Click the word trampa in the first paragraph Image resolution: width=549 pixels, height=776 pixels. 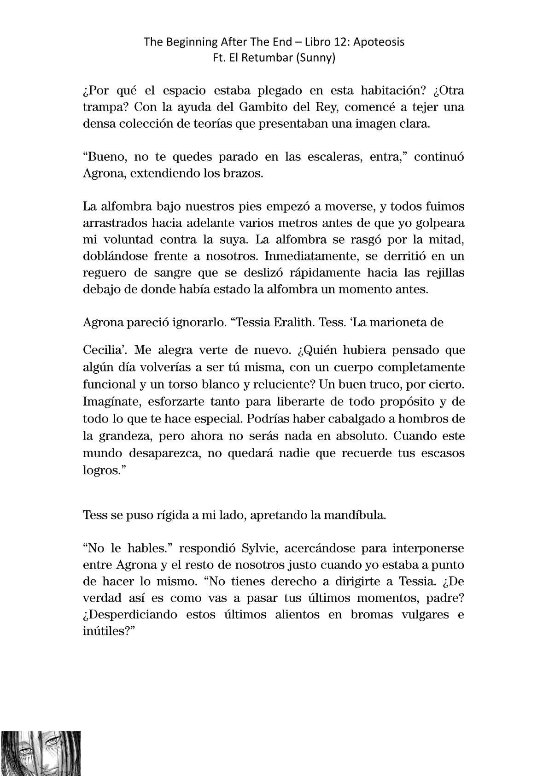point(101,107)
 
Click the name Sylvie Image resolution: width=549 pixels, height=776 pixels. point(258,548)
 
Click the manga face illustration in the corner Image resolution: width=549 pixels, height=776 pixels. point(41,753)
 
